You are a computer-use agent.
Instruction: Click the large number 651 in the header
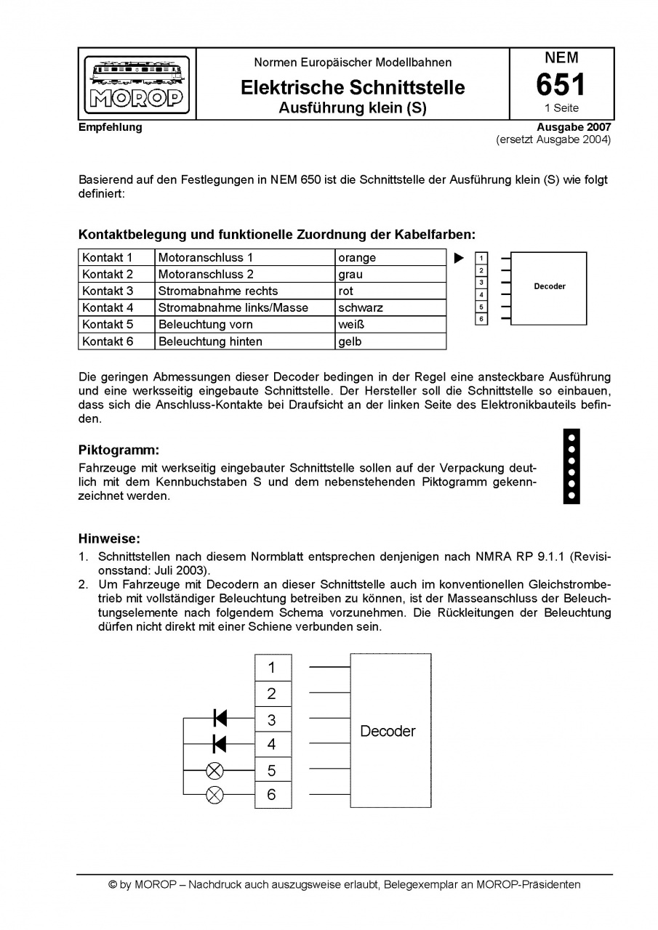(561, 85)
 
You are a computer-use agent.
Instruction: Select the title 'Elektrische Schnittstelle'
(353, 88)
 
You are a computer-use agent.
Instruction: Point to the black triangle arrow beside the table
(459, 258)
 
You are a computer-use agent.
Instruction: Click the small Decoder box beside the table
(549, 287)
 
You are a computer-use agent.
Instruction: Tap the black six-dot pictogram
(571, 466)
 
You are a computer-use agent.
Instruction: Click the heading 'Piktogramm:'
(119, 450)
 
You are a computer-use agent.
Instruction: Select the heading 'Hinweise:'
(109, 539)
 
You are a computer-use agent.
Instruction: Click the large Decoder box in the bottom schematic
(390, 731)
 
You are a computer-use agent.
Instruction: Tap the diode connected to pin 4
(220, 744)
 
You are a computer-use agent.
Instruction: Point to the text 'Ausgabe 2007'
(574, 128)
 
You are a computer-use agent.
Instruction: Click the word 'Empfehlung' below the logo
(111, 128)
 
